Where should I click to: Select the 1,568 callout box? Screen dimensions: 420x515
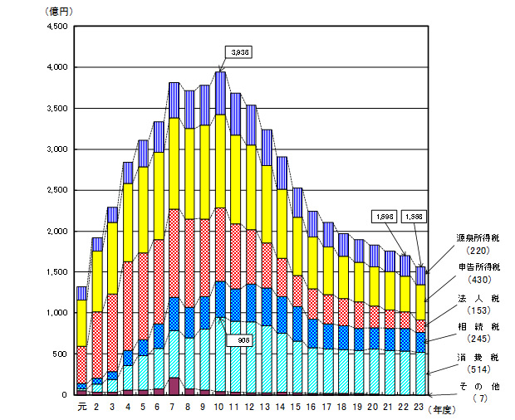[x=414, y=217]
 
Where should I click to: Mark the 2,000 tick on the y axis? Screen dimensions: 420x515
[x=56, y=231]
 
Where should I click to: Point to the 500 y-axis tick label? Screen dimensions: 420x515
[x=60, y=354]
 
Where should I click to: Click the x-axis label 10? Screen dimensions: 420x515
[x=220, y=407]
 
